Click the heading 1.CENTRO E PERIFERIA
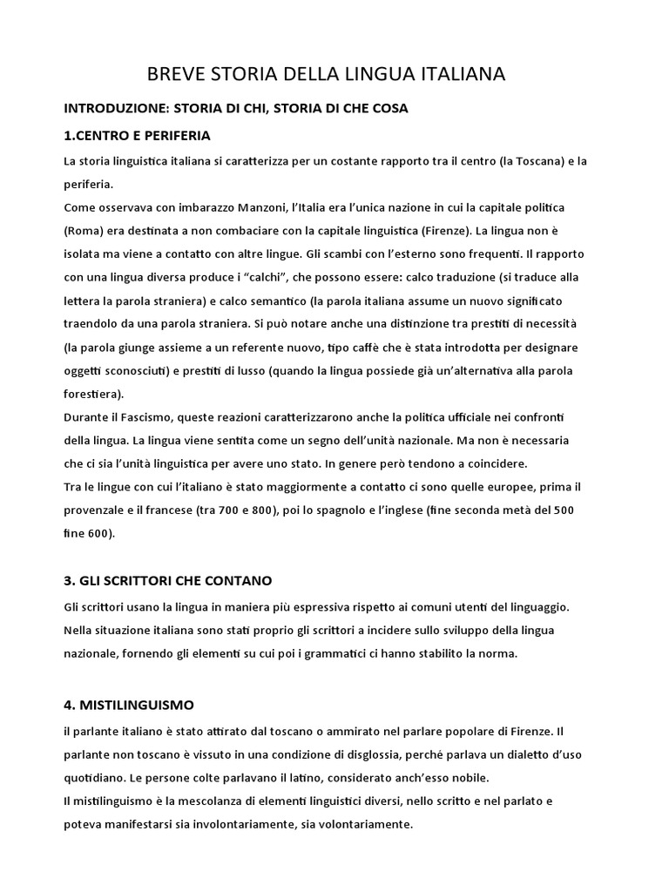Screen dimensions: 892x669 (138, 137)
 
